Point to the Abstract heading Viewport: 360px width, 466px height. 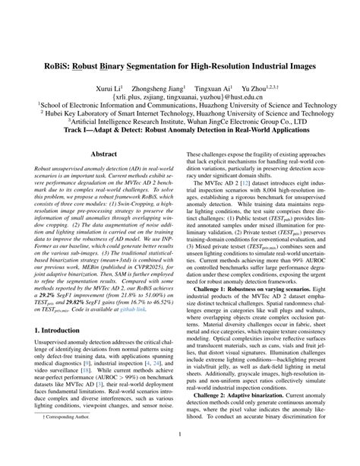tap(104, 154)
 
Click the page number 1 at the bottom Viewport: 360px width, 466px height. tap(180, 455)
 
